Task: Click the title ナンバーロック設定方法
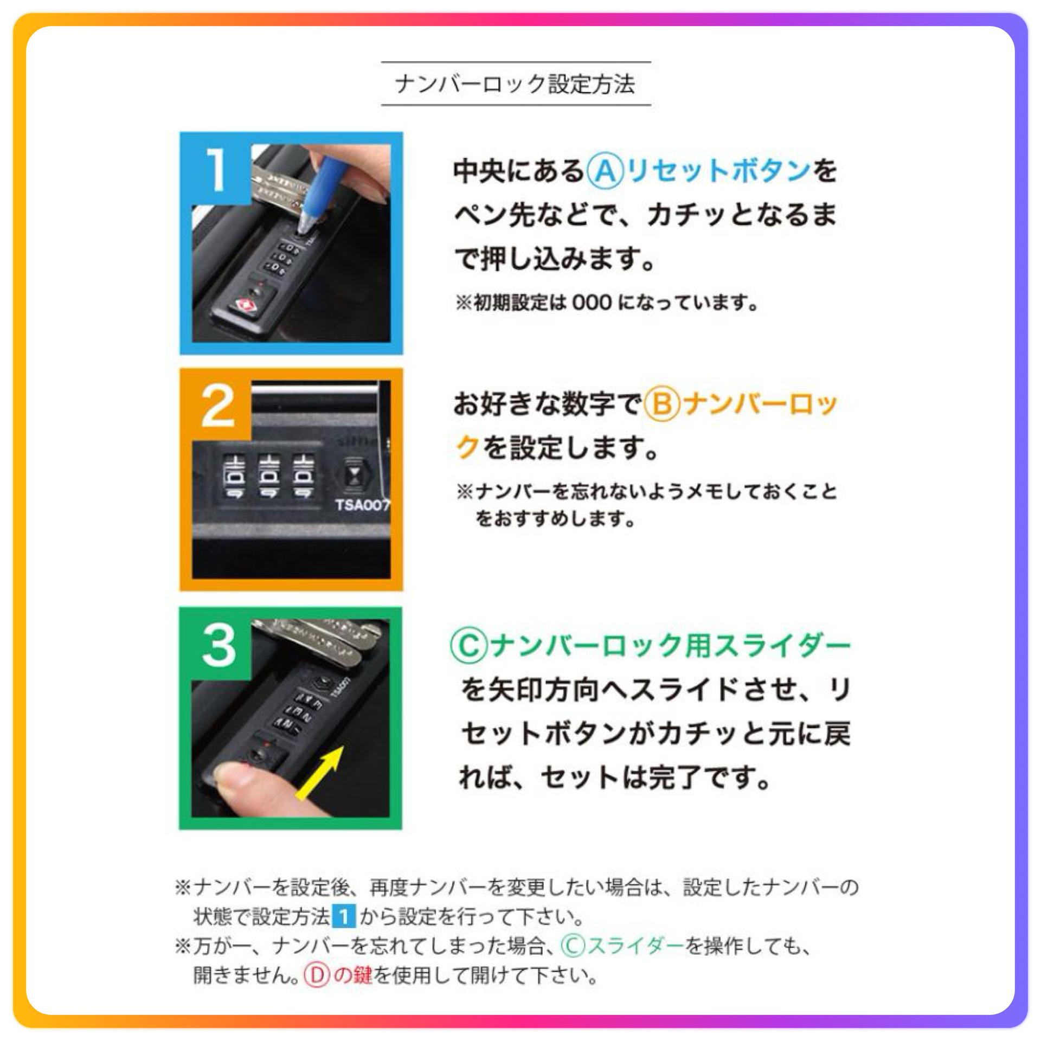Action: (515, 84)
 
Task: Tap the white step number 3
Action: (219, 645)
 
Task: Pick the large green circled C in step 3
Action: (468, 646)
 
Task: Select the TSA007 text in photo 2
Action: (362, 505)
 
